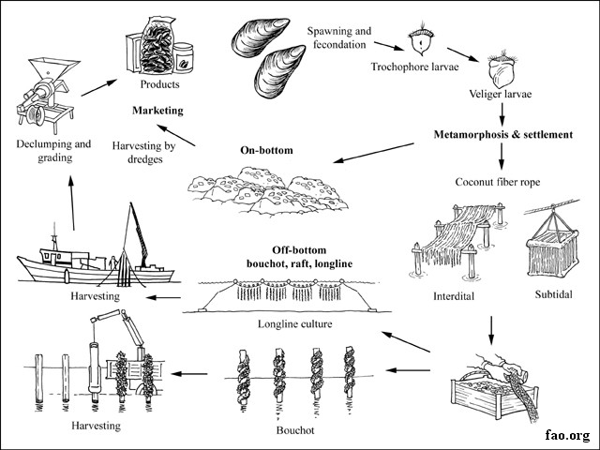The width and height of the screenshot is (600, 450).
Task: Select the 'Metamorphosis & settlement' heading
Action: coord(502,135)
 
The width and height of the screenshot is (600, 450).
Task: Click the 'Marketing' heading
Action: coord(157,110)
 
